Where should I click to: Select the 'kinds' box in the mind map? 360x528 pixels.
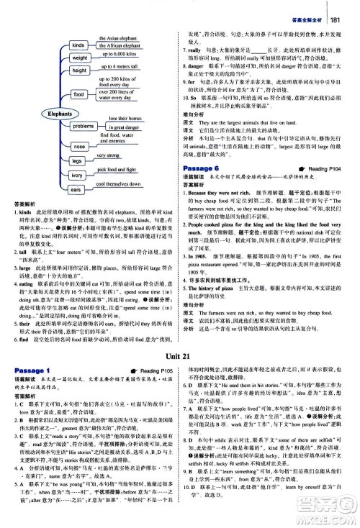(79, 45)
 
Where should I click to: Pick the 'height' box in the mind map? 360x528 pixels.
(79, 70)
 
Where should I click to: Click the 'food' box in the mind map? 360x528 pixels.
(78, 94)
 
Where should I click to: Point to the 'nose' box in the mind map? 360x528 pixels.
(79, 145)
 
